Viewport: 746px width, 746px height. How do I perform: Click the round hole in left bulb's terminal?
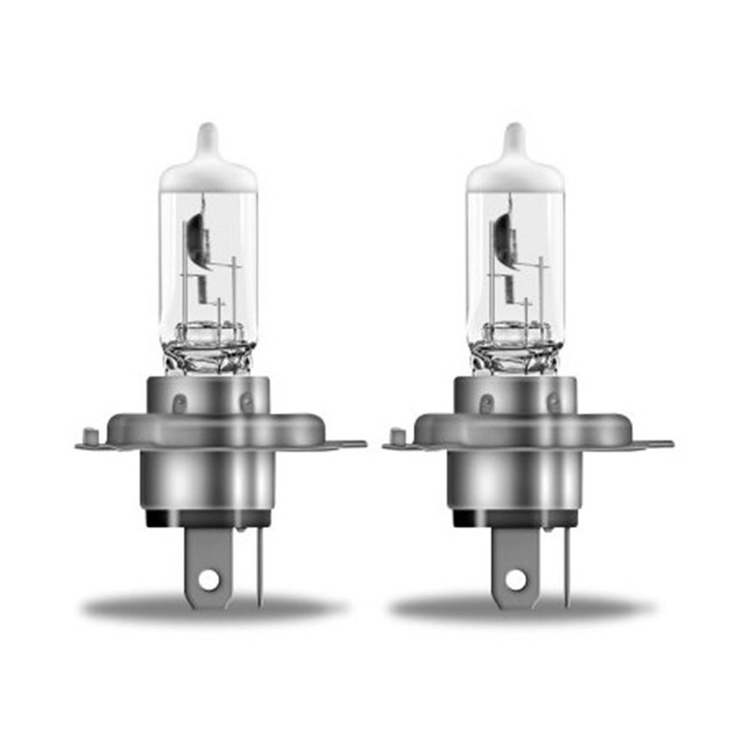[208, 579]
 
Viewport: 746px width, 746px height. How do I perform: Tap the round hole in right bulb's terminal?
[516, 579]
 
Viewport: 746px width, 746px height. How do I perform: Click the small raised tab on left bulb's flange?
[90, 435]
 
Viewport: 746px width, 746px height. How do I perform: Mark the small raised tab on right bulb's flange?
[397, 435]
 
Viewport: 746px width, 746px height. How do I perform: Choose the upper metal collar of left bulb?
[207, 396]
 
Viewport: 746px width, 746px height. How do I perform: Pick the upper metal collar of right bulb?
[515, 396]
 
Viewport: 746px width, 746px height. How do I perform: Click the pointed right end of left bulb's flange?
[359, 445]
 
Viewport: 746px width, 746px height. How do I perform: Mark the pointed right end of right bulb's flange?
[667, 445]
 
